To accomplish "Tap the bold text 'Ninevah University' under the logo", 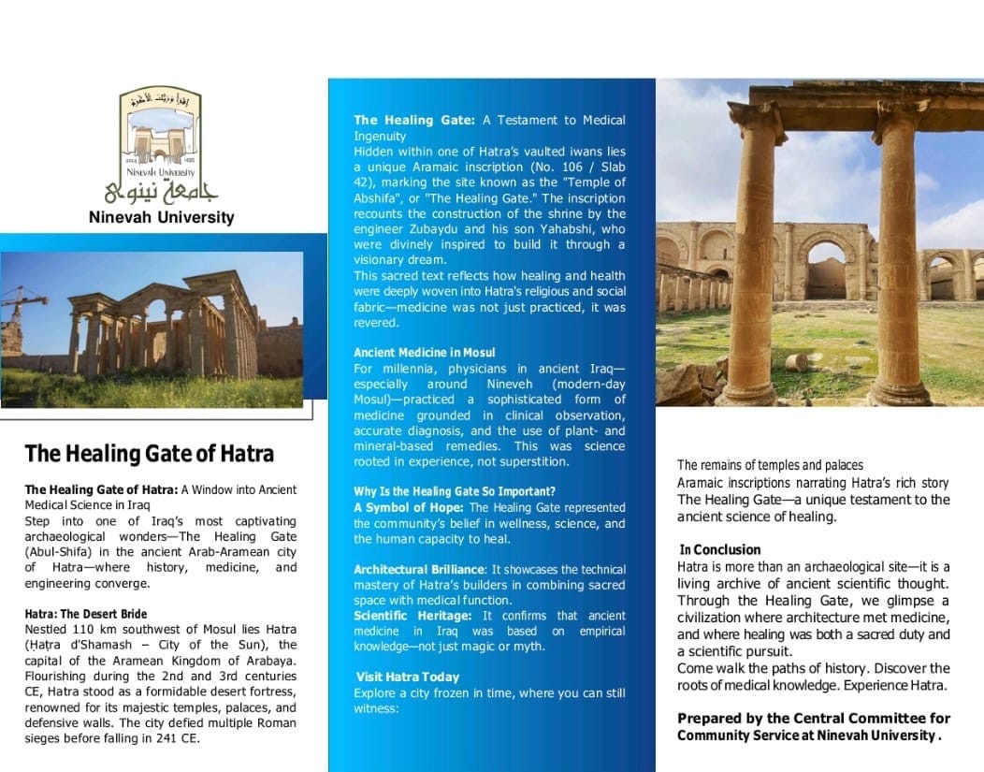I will click(161, 218).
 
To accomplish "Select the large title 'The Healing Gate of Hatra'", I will click(150, 455).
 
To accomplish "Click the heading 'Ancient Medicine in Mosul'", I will click(418, 353).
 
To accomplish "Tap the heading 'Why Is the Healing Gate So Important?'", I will click(455, 491).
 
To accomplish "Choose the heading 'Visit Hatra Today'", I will click(408, 677).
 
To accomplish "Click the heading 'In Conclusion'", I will click(720, 549).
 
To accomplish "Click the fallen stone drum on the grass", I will click(796, 362).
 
